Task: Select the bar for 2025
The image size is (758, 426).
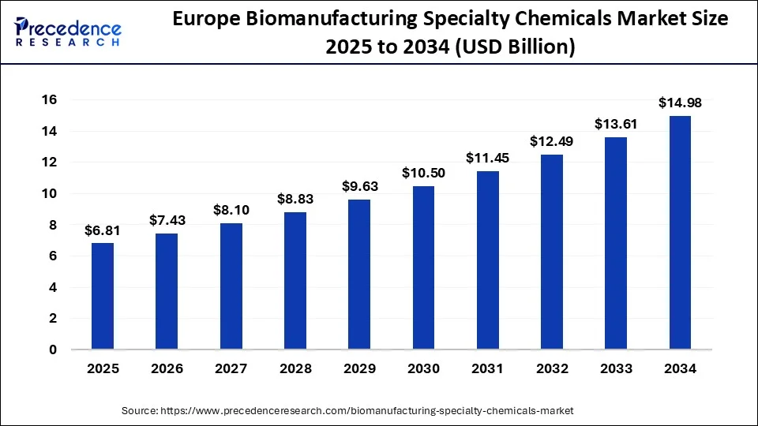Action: click(x=103, y=296)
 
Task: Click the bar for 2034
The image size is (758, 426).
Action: click(x=680, y=233)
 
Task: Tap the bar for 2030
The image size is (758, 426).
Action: click(x=423, y=267)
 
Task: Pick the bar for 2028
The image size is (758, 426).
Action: click(x=295, y=280)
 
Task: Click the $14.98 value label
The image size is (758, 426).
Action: click(x=680, y=103)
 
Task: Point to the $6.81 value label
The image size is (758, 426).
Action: click(x=103, y=230)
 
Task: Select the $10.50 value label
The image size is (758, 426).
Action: click(x=423, y=173)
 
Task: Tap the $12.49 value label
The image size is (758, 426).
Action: click(x=552, y=141)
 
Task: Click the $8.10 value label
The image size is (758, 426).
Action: click(x=231, y=211)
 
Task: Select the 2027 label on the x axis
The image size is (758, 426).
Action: click(x=231, y=368)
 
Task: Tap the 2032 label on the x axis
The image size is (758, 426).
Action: click(x=552, y=368)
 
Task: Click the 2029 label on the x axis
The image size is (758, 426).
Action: click(x=359, y=368)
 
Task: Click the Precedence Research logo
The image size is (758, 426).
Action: click(x=68, y=32)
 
